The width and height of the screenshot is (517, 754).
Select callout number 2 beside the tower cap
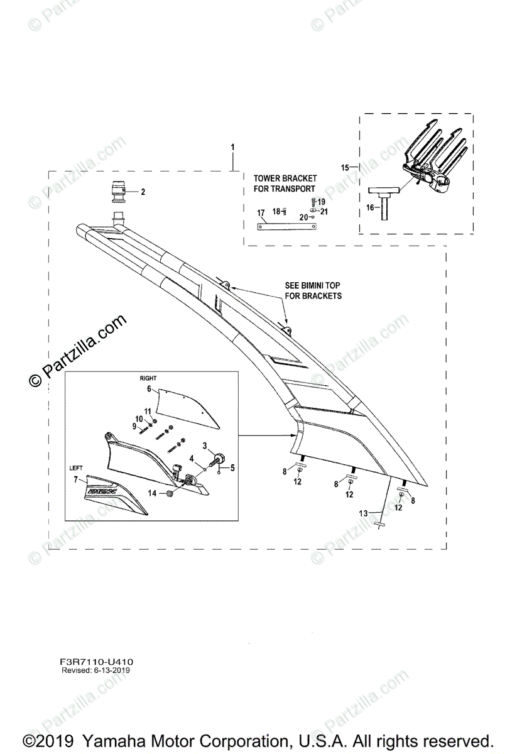pyautogui.click(x=143, y=192)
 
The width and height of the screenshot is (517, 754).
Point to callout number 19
pyautogui.click(x=321, y=202)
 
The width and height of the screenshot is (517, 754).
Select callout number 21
pyautogui.click(x=324, y=211)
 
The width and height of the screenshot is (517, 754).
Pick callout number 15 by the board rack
pyautogui.click(x=344, y=168)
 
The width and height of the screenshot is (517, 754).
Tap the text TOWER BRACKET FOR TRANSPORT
pyautogui.click(x=285, y=183)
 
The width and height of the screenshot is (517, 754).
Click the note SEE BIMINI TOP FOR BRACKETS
pyautogui.click(x=313, y=291)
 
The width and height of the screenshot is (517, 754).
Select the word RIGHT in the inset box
pyautogui.click(x=148, y=378)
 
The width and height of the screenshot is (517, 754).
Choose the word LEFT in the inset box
pyautogui.click(x=76, y=468)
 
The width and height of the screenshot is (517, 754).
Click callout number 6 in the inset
pyautogui.click(x=150, y=390)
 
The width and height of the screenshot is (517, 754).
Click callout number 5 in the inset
pyautogui.click(x=232, y=467)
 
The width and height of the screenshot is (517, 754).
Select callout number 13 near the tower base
pyautogui.click(x=363, y=513)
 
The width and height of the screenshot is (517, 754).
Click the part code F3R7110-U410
pyautogui.click(x=97, y=662)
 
